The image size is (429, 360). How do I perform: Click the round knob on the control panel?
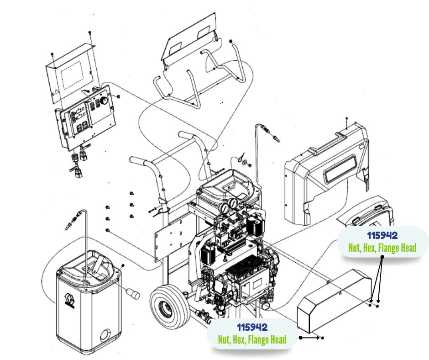click(104, 99)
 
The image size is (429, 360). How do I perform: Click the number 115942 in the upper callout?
click(382, 235)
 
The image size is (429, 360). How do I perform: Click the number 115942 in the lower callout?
click(252, 327)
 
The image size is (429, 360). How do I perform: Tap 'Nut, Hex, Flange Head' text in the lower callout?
click(252, 339)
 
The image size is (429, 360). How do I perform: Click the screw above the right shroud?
click(347, 120)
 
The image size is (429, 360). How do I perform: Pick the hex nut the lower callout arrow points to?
click(323, 338)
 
